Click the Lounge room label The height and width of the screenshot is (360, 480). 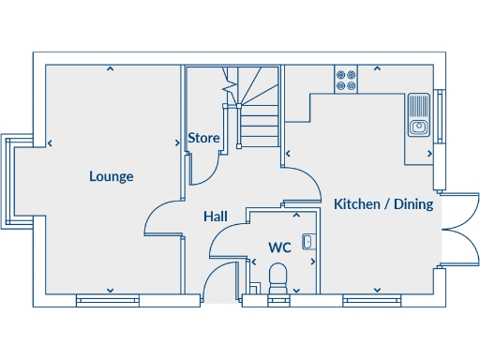112,176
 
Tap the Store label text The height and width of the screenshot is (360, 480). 203,139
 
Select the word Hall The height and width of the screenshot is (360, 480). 216,217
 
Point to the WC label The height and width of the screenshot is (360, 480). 279,248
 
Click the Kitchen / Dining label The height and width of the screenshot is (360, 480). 383,204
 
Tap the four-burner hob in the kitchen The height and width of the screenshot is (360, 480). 346,80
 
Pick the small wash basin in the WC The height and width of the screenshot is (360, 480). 308,242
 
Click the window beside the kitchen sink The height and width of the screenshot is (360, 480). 439,112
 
